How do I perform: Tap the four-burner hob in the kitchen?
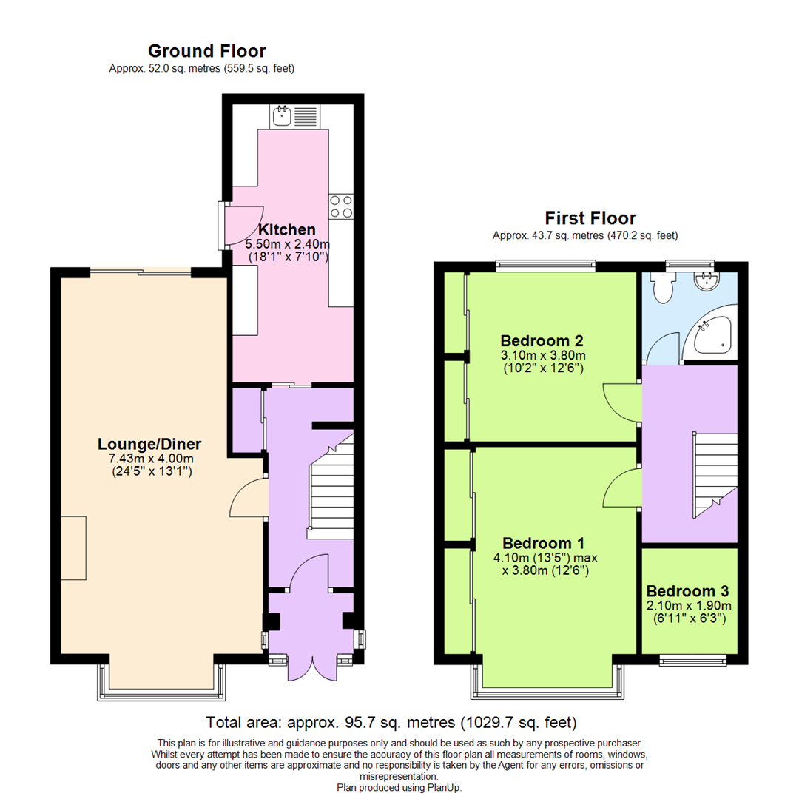click(x=341, y=206)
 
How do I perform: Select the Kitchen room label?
click(x=286, y=229)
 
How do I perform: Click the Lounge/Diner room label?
click(x=149, y=444)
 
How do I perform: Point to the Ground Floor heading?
click(x=206, y=51)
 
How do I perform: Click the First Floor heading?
click(x=590, y=218)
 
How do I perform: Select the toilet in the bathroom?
click(x=663, y=287)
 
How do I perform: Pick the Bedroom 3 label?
click(x=687, y=591)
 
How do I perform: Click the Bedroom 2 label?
click(x=542, y=341)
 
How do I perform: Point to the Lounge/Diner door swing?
click(x=249, y=497)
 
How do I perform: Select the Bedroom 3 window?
click(x=692, y=659)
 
